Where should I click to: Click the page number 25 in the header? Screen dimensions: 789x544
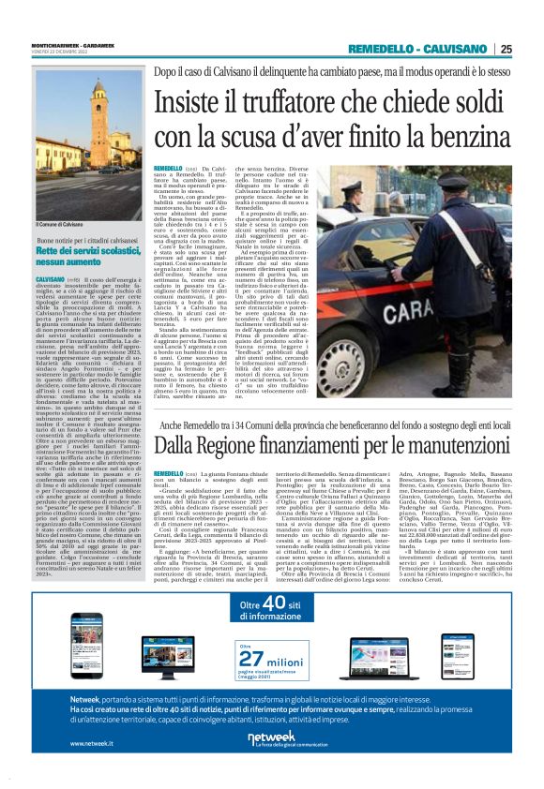(x=506, y=49)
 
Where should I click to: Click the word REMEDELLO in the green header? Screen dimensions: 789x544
(x=381, y=49)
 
